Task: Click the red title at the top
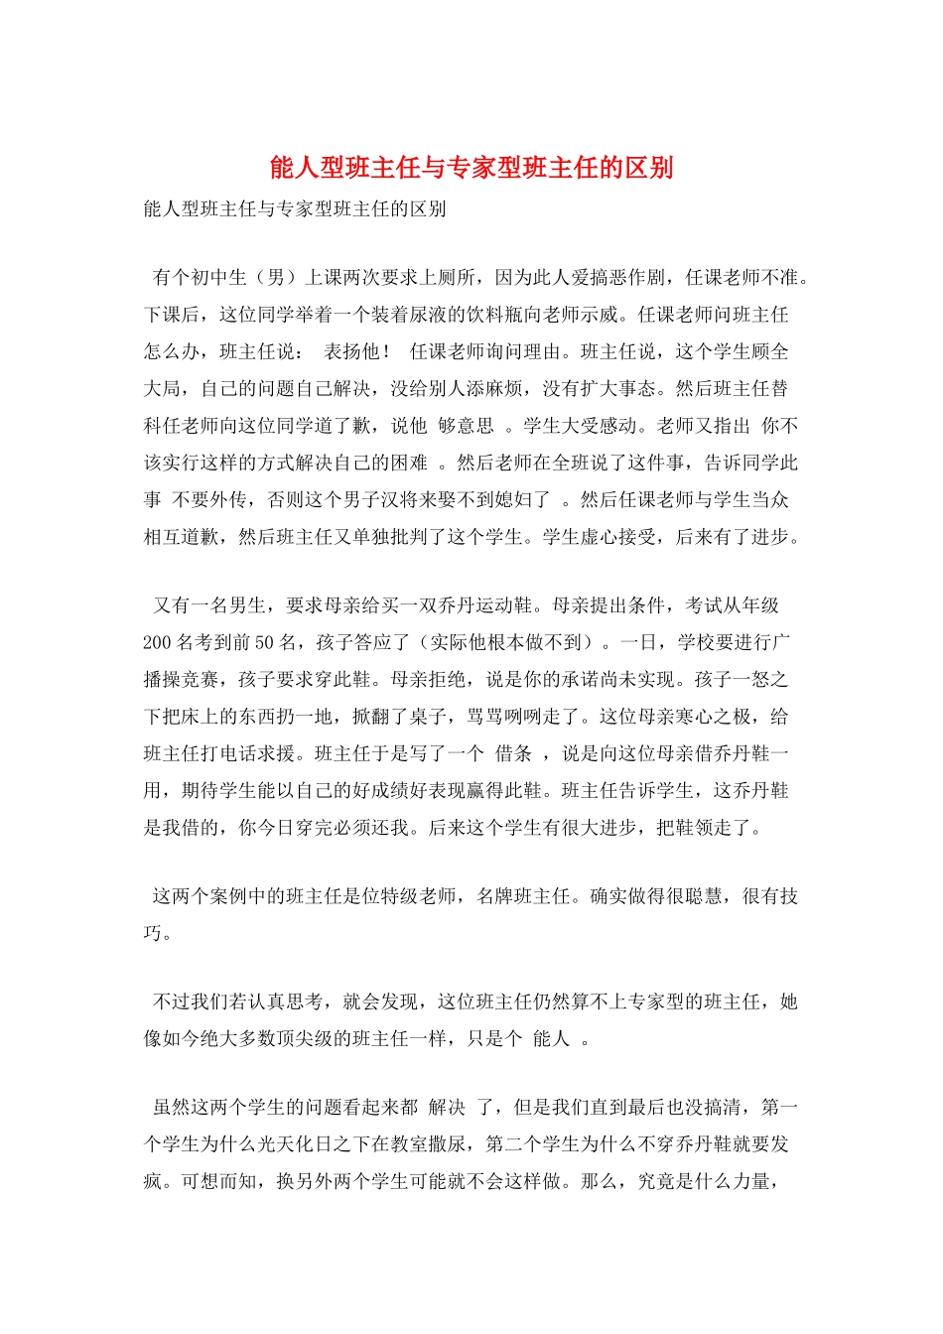471,167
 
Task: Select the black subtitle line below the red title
295,208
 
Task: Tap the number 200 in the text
157,642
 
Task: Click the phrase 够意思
466,426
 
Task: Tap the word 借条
513,753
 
